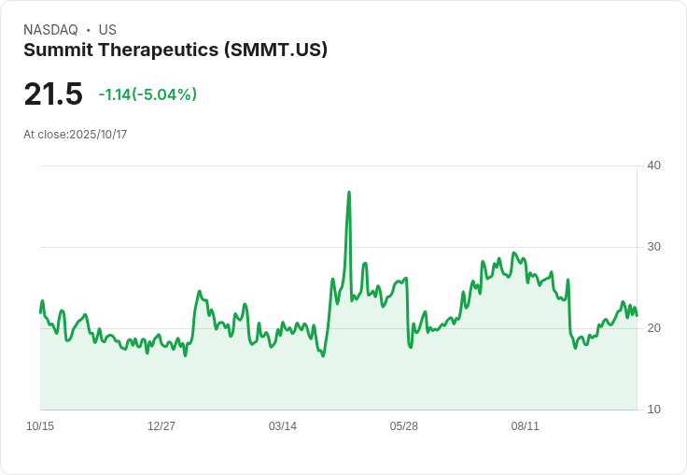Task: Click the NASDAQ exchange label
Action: point(50,30)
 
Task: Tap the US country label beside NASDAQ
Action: point(107,30)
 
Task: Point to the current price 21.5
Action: point(53,94)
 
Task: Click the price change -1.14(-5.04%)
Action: point(147,94)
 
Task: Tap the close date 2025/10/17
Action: point(98,135)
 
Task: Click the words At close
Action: point(45,135)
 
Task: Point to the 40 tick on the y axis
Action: point(654,166)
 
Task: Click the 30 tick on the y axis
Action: point(654,247)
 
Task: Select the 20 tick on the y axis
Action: point(654,328)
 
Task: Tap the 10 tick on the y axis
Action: point(654,410)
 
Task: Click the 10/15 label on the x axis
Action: point(40,426)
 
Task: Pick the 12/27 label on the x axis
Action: point(161,426)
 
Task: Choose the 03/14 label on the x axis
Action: point(283,426)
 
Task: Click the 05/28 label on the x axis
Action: point(404,426)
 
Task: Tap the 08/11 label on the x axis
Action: point(526,426)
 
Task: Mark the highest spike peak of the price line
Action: point(349,193)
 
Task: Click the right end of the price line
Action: point(637,315)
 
